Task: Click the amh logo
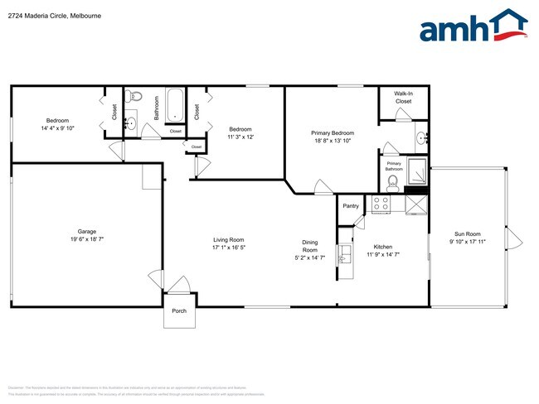[x=473, y=27]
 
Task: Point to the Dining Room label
[x=309, y=246]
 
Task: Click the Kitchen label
[x=382, y=247]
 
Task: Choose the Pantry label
[x=350, y=206]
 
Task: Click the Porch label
[x=179, y=311]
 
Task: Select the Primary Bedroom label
[x=333, y=132]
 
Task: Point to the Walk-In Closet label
[x=403, y=98]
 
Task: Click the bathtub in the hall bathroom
[x=175, y=105]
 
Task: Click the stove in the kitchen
[x=381, y=203]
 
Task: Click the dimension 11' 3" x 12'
[x=240, y=137]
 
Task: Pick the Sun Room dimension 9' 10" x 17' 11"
[x=467, y=243]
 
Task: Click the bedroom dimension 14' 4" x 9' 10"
[x=57, y=128]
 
